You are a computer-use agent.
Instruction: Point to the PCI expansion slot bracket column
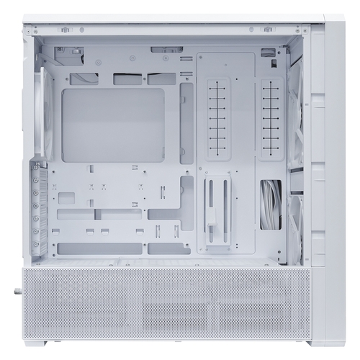[39, 209]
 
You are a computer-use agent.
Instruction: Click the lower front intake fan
[296, 227]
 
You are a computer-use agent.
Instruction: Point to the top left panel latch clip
[65, 30]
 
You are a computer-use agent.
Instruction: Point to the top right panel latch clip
[268, 30]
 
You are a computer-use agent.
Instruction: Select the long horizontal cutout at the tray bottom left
[99, 248]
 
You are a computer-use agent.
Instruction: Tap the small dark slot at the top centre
[166, 50]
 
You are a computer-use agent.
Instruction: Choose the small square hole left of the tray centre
[66, 197]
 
